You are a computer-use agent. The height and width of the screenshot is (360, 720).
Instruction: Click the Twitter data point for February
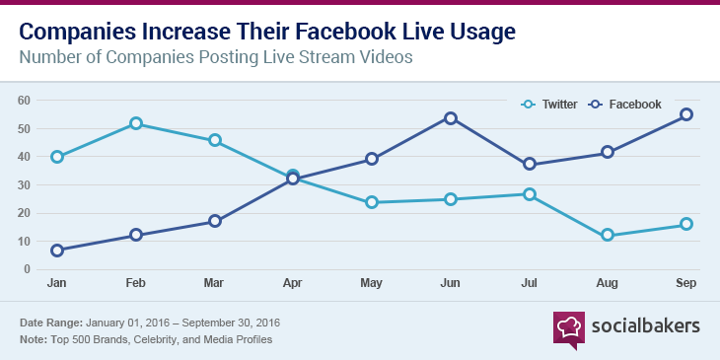coord(136,123)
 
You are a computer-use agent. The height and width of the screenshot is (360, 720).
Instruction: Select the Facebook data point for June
coord(451,118)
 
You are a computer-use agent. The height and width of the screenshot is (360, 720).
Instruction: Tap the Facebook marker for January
coord(57,251)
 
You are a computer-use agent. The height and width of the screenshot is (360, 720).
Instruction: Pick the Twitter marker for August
coord(608,235)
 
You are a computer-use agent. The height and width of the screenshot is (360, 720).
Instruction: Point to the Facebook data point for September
coord(686,114)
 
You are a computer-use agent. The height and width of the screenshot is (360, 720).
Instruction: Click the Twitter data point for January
coord(57,157)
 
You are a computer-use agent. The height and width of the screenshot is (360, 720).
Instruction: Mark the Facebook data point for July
coord(530,164)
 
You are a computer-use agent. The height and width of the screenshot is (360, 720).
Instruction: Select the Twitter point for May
coord(372,202)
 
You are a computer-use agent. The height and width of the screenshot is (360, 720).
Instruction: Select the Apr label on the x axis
coord(293,284)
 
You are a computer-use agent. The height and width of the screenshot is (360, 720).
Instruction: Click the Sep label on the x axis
coord(686,284)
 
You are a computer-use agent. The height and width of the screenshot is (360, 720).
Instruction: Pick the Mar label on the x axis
coord(215,284)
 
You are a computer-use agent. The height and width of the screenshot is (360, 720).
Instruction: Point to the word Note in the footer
coord(35,339)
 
